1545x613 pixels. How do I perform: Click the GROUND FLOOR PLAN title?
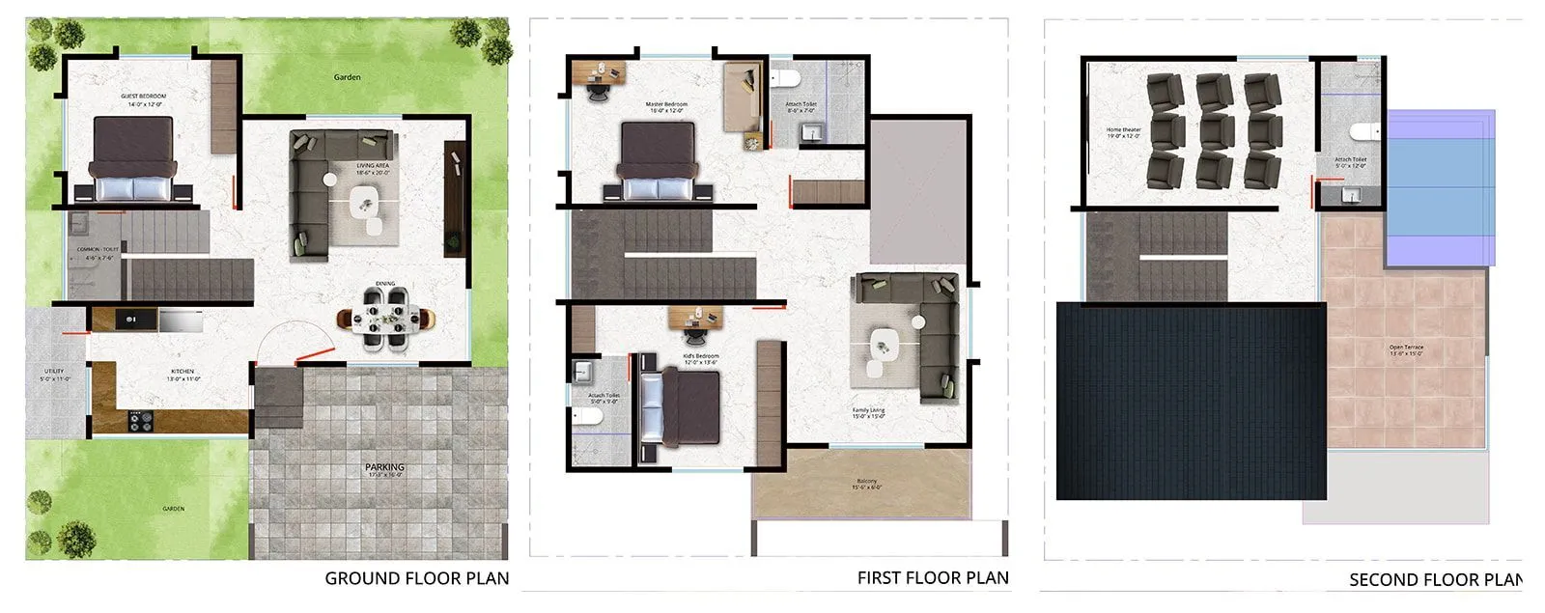pos(416,578)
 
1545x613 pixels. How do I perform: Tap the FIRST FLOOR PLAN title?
pos(932,577)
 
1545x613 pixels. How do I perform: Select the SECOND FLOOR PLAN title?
pos(1435,579)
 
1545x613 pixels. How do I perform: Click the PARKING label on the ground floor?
pos(384,467)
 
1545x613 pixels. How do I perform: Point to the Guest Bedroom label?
pos(143,97)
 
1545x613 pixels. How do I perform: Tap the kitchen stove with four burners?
pos(141,420)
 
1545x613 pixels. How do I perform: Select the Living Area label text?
pos(373,166)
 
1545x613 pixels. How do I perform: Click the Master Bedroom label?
pos(666,104)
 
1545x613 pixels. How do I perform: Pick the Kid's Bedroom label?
pos(701,357)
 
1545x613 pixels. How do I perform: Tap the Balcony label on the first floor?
pos(867,481)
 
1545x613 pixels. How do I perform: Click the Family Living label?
pos(868,410)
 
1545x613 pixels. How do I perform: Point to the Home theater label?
pos(1123,129)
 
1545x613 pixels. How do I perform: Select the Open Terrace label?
pos(1406,347)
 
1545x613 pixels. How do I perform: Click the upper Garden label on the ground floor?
pos(347,77)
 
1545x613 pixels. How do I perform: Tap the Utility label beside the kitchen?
pos(54,371)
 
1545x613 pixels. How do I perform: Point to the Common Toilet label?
pos(97,249)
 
